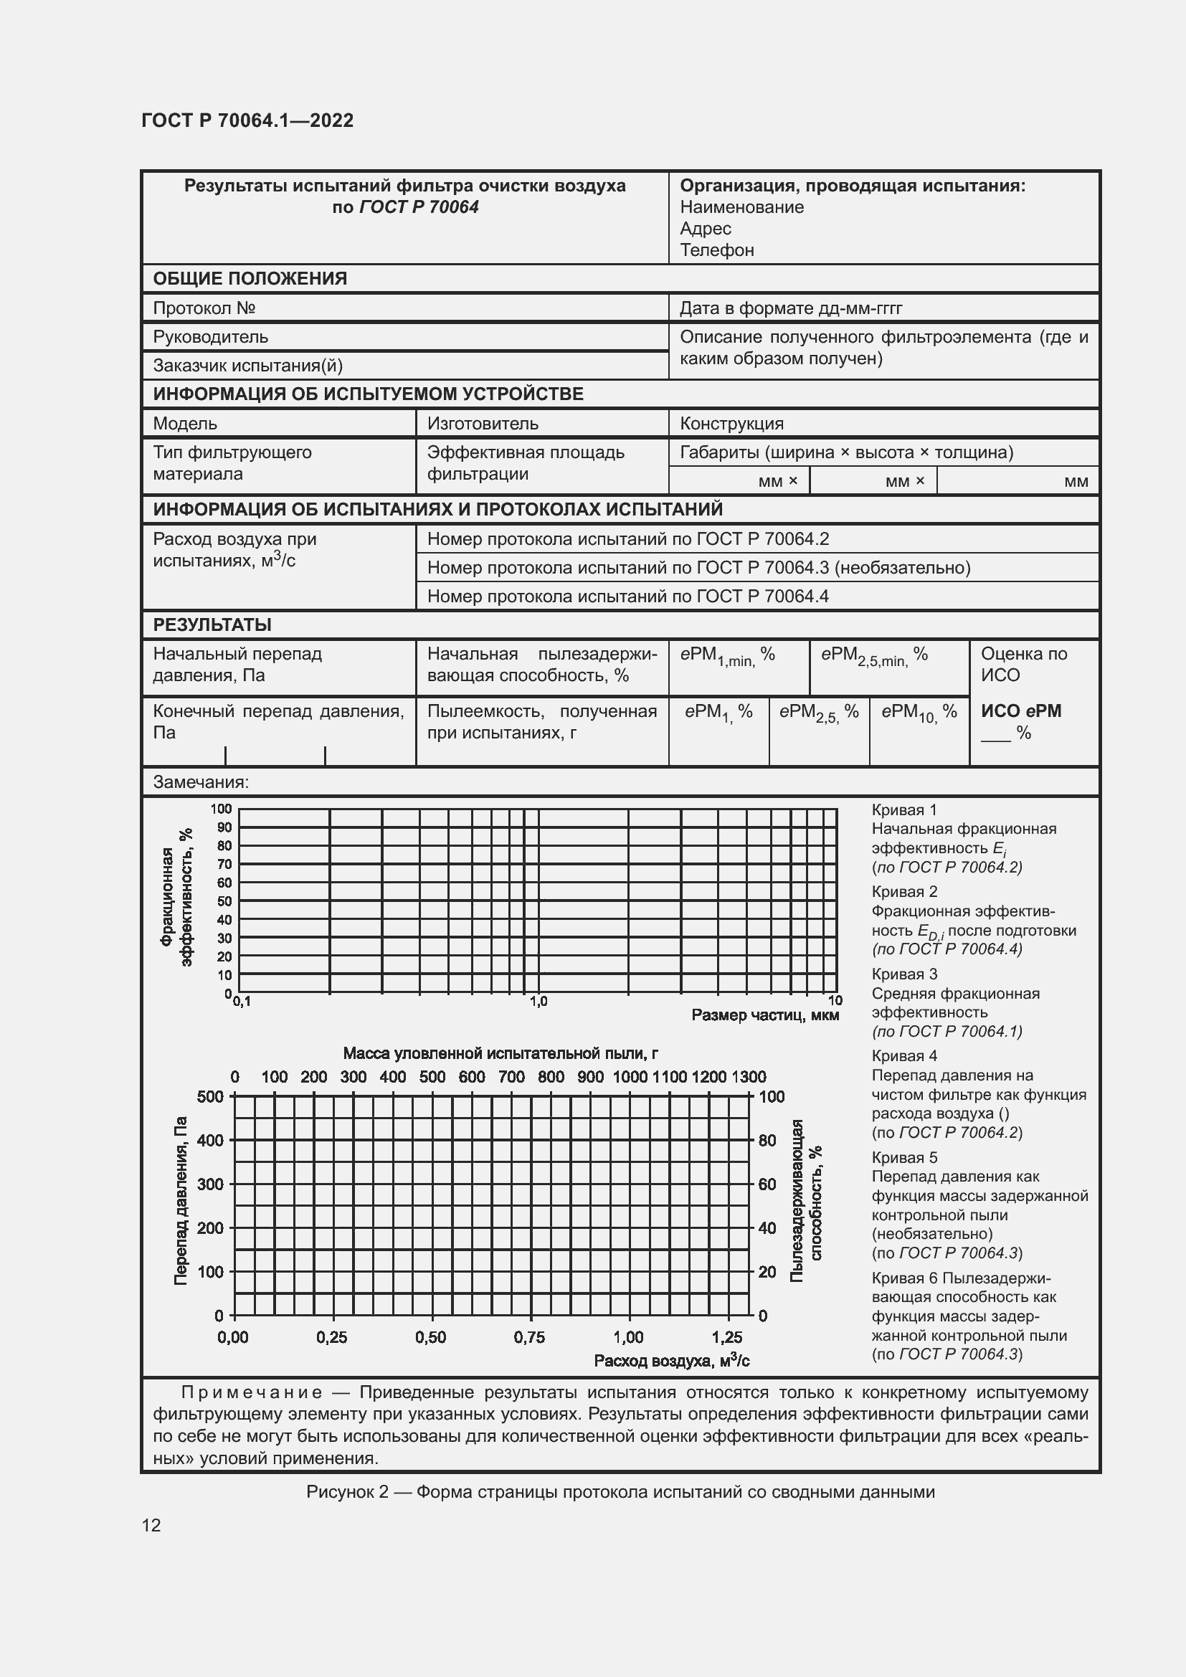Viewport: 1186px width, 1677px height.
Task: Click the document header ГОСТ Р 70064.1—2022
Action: point(247,120)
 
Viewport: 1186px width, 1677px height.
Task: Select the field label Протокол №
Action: point(204,308)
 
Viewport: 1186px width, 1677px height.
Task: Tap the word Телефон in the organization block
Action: point(716,250)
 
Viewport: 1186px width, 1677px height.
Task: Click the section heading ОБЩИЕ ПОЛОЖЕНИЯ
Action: point(250,278)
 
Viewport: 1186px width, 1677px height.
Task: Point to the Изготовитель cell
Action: point(483,424)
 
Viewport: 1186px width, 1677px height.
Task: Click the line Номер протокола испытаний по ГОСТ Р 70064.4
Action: point(627,596)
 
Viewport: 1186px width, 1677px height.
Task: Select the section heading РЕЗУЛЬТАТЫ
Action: point(212,624)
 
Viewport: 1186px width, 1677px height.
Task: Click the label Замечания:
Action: point(201,782)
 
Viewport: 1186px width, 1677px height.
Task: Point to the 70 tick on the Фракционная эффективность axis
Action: point(224,864)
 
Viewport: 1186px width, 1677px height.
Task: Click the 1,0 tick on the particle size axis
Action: point(539,1002)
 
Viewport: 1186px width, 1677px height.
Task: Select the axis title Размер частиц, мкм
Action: point(764,1015)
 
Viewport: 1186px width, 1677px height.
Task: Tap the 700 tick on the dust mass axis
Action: point(511,1077)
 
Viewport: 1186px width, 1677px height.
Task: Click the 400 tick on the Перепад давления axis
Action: point(210,1140)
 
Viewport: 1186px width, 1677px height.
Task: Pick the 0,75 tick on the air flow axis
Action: point(528,1337)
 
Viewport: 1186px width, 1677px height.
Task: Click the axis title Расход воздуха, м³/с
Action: point(671,1361)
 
